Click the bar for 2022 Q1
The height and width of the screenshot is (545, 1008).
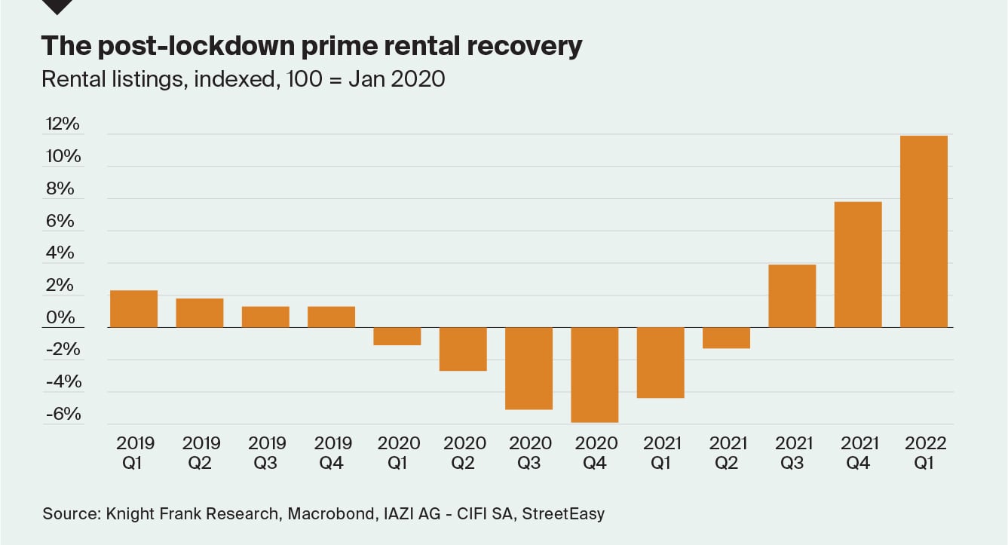pyautogui.click(x=924, y=231)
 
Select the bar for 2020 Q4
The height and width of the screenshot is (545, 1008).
pyautogui.click(x=595, y=375)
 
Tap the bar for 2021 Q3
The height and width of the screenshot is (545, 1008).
pyautogui.click(x=792, y=295)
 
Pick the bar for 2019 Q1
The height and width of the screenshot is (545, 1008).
pyautogui.click(x=134, y=309)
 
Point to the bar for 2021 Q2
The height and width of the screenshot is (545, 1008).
pyautogui.click(x=726, y=338)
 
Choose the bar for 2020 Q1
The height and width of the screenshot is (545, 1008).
pyautogui.click(x=397, y=336)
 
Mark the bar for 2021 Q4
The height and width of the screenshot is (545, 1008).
pyautogui.click(x=858, y=265)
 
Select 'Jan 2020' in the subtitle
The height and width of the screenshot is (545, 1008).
pyautogui.click(x=397, y=78)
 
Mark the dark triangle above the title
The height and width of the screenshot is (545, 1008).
pyautogui.click(x=58, y=6)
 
